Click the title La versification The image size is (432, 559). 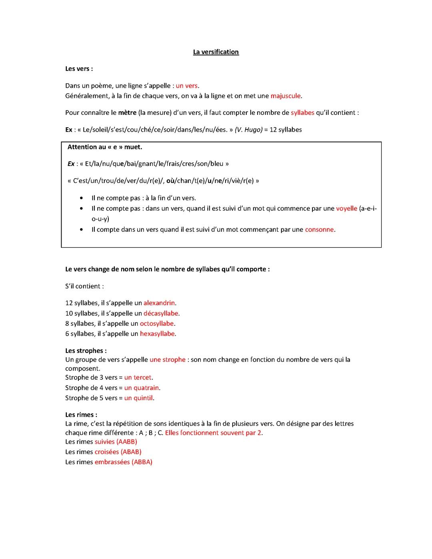point(216,52)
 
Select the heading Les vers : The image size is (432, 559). point(79,69)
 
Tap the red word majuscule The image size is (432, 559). point(285,96)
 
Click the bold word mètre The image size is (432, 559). point(127,113)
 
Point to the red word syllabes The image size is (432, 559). point(302,113)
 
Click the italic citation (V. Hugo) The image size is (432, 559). point(248,130)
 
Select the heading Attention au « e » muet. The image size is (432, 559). point(105,147)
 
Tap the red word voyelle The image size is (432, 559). point(346,208)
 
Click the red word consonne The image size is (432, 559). point(319,230)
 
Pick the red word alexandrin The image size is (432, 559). point(159,303)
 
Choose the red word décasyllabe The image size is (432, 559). point(161,313)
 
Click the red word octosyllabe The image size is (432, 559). point(157,323)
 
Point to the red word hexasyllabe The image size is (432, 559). point(157,334)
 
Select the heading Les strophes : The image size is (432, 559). point(86,351)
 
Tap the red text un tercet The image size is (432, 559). point(138,377)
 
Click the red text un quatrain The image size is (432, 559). point(142,388)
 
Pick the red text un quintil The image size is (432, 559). point(138,398)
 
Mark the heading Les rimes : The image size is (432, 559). point(81,415)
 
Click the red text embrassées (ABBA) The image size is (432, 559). point(123,462)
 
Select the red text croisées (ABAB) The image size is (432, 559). point(118,452)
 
